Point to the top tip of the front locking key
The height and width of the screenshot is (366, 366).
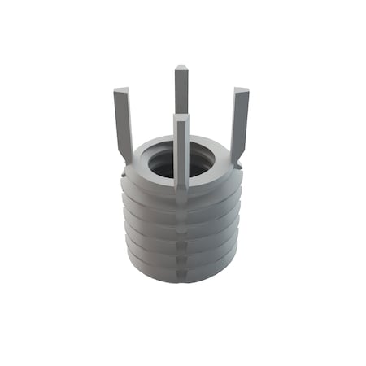[x=181, y=118]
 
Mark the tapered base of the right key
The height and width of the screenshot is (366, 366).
[x=236, y=153]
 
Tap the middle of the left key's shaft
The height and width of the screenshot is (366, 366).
[x=123, y=120]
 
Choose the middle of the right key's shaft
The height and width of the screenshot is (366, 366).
[x=239, y=120]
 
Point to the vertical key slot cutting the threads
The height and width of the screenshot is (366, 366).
[x=181, y=236]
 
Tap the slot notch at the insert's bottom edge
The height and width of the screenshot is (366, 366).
[x=181, y=277]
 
